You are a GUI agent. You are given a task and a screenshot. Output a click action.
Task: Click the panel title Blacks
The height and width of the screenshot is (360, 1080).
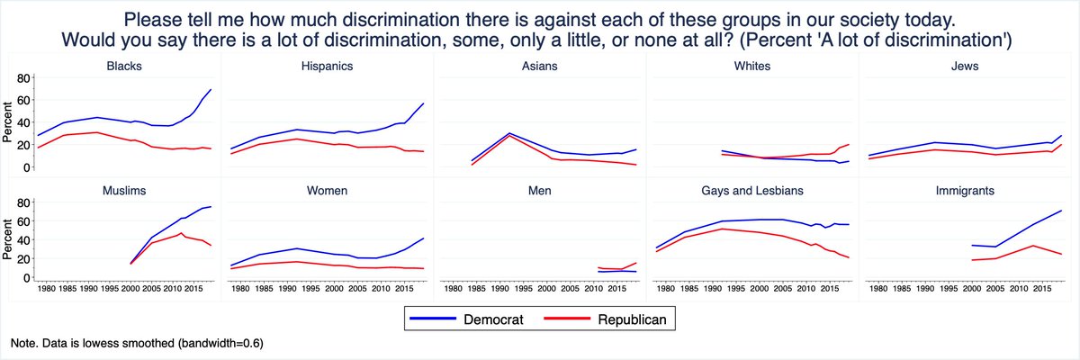pyautogui.click(x=123, y=66)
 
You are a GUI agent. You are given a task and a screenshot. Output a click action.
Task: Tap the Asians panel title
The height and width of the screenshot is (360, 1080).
pyautogui.click(x=540, y=66)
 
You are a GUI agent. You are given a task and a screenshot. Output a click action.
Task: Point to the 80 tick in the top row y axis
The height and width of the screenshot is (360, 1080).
pyautogui.click(x=24, y=78)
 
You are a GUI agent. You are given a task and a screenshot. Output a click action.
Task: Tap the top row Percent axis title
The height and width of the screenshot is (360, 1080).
pyautogui.click(x=8, y=122)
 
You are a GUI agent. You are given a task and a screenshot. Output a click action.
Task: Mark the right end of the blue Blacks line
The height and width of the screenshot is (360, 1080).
pyautogui.click(x=211, y=90)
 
